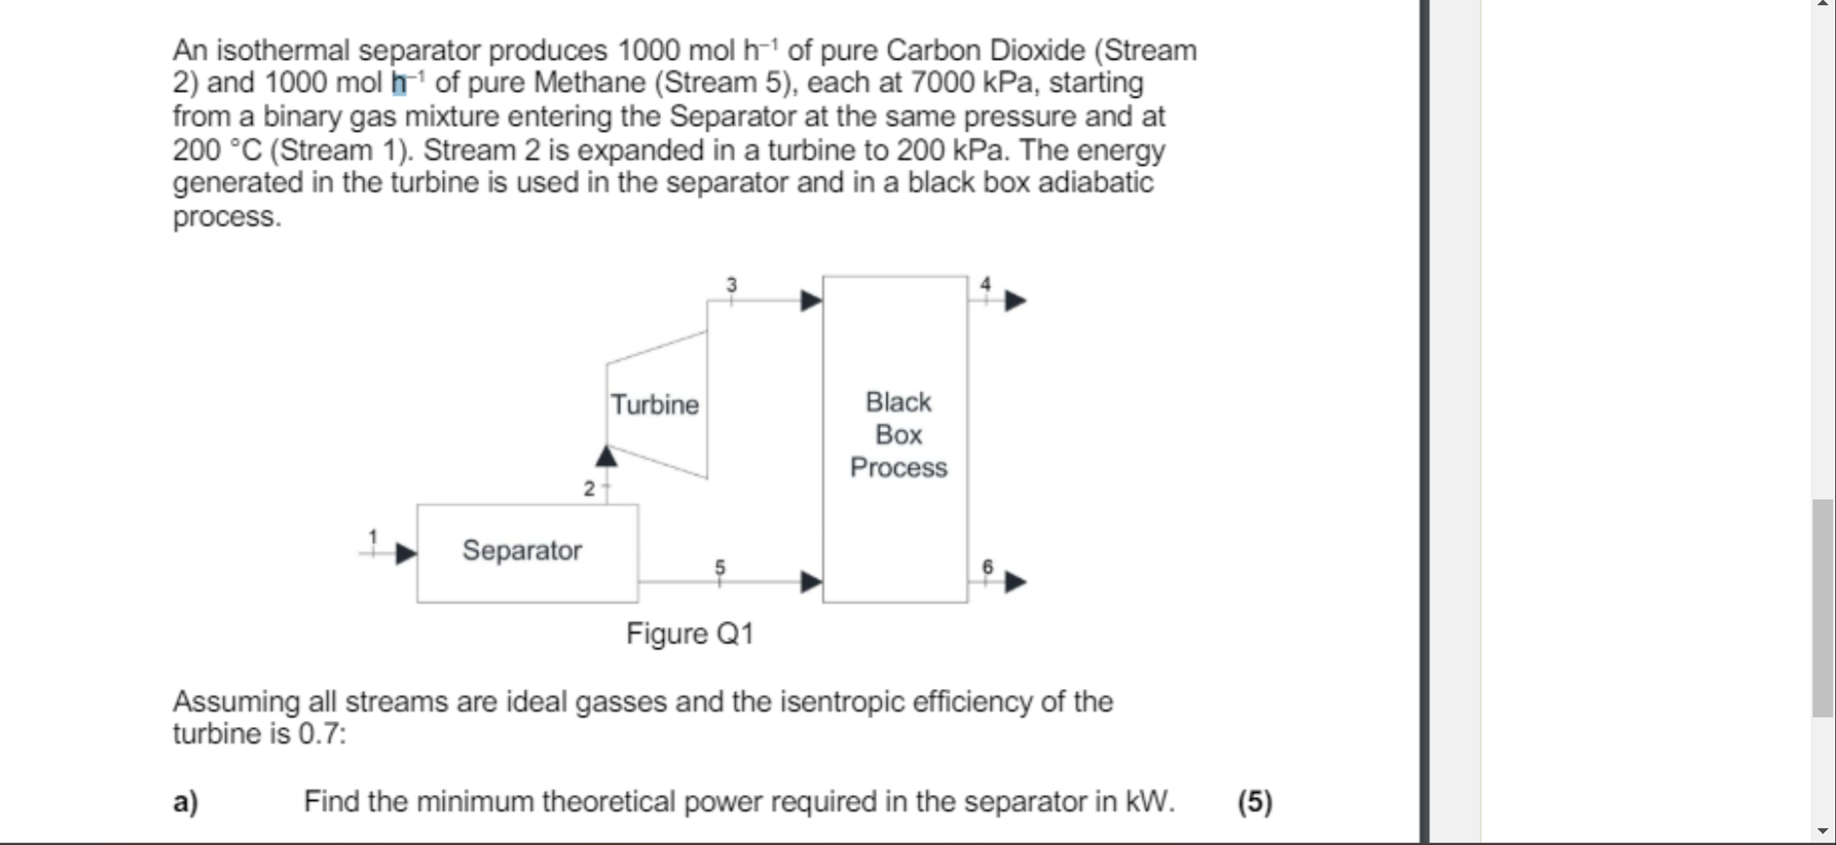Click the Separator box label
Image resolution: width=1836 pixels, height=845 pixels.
pyautogui.click(x=521, y=550)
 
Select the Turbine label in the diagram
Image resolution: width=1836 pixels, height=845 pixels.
pyautogui.click(x=655, y=405)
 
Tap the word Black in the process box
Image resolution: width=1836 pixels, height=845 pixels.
pyautogui.click(x=898, y=402)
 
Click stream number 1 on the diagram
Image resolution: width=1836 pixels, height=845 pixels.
pyautogui.click(x=372, y=536)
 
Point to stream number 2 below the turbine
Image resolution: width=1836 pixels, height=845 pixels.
pyautogui.click(x=589, y=489)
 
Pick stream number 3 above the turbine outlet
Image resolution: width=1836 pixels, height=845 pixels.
pyautogui.click(x=732, y=285)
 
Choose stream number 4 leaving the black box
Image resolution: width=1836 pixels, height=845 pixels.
pyautogui.click(x=985, y=283)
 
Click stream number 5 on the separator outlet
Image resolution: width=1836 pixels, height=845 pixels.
pyautogui.click(x=720, y=567)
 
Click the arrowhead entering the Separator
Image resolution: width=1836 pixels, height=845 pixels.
pyautogui.click(x=405, y=553)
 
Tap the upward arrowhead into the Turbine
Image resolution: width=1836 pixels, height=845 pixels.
pyautogui.click(x=606, y=456)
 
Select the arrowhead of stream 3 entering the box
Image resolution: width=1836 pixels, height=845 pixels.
pyautogui.click(x=811, y=301)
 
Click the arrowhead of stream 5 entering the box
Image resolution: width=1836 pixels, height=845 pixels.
pyautogui.click(x=811, y=582)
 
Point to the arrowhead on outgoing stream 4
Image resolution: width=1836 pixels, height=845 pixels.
pyautogui.click(x=1016, y=301)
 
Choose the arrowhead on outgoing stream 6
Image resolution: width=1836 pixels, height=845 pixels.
pyautogui.click(x=1016, y=582)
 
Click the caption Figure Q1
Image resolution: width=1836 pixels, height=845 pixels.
pyautogui.click(x=690, y=634)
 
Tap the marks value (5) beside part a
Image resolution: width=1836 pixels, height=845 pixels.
pyautogui.click(x=1254, y=802)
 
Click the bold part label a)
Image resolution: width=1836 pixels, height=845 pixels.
pyautogui.click(x=185, y=802)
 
